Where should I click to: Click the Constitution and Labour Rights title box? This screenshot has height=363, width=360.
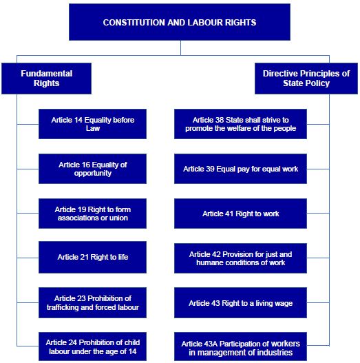pyautogui.click(x=180, y=22)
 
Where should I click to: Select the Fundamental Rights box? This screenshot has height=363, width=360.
pyautogui.click(x=47, y=79)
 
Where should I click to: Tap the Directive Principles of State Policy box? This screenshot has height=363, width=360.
pyautogui.click(x=306, y=79)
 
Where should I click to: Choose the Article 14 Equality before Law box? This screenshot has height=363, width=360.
pyautogui.click(x=92, y=124)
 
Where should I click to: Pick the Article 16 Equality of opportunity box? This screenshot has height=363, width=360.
pyautogui.click(x=92, y=169)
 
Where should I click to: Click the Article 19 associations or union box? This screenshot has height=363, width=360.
pyautogui.click(x=92, y=214)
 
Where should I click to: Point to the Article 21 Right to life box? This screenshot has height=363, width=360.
pyautogui.click(x=92, y=257)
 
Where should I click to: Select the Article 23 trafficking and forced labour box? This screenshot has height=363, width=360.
pyautogui.click(x=92, y=302)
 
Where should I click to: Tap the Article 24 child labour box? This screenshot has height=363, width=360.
pyautogui.click(x=92, y=346)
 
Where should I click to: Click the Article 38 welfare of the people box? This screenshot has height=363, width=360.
pyautogui.click(x=241, y=124)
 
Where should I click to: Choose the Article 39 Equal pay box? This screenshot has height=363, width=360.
pyautogui.click(x=241, y=169)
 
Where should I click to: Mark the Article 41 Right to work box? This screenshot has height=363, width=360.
pyautogui.click(x=241, y=214)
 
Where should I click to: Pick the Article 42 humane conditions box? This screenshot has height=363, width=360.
pyautogui.click(x=241, y=258)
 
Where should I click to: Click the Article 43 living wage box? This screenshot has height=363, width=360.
pyautogui.click(x=241, y=302)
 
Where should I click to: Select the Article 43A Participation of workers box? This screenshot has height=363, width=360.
pyautogui.click(x=241, y=346)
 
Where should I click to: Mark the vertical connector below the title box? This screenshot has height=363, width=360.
pyautogui.click(x=180, y=48)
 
